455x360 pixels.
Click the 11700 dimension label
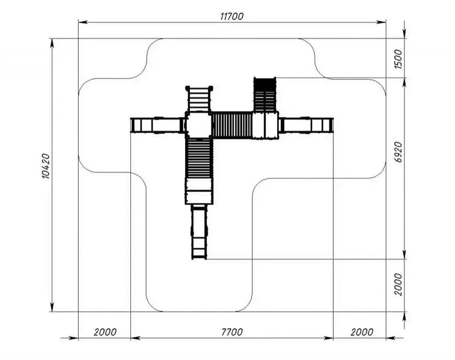point(232,16)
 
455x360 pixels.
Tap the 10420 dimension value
point(46,166)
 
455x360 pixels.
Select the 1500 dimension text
point(398,59)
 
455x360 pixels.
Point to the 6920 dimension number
point(399,152)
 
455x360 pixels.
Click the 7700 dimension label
point(232,332)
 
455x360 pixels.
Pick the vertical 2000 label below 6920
point(398,284)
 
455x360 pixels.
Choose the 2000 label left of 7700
point(105,332)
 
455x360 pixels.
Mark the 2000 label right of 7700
point(362,332)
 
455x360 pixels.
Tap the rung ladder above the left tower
point(199,99)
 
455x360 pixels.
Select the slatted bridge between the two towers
point(232,125)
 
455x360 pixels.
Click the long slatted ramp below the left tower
point(199,158)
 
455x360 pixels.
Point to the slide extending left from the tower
point(157,125)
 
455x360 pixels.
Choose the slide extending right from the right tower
point(306,125)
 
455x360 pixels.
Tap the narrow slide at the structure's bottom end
point(199,232)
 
